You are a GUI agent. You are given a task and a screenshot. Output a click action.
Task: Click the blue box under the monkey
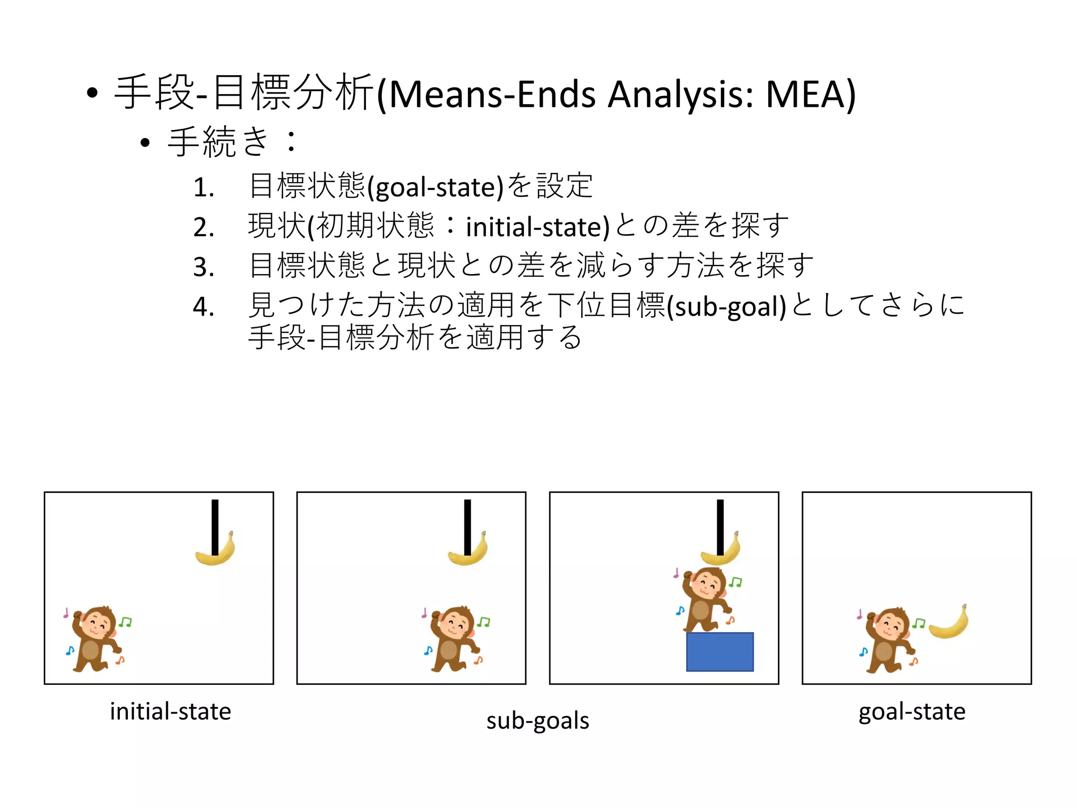(719, 652)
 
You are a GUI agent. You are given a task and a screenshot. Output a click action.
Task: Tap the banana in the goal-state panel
(949, 624)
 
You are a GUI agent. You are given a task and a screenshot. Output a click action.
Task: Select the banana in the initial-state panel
(215, 551)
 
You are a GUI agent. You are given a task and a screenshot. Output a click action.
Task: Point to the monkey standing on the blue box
(705, 600)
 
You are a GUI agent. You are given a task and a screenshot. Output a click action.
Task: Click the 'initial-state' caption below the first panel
(170, 712)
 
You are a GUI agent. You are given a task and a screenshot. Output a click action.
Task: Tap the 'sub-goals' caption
(537, 721)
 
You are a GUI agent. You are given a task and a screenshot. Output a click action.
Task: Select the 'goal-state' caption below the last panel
(912, 712)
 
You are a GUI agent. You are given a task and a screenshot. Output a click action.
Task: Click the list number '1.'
(204, 188)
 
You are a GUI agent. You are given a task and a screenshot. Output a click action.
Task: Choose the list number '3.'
(204, 267)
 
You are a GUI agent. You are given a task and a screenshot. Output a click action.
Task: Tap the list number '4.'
(204, 307)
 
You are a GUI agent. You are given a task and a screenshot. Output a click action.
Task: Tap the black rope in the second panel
(468, 526)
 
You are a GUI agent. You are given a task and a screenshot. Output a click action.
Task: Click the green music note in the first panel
(125, 622)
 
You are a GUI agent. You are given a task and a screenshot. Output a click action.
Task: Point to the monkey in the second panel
(452, 639)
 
